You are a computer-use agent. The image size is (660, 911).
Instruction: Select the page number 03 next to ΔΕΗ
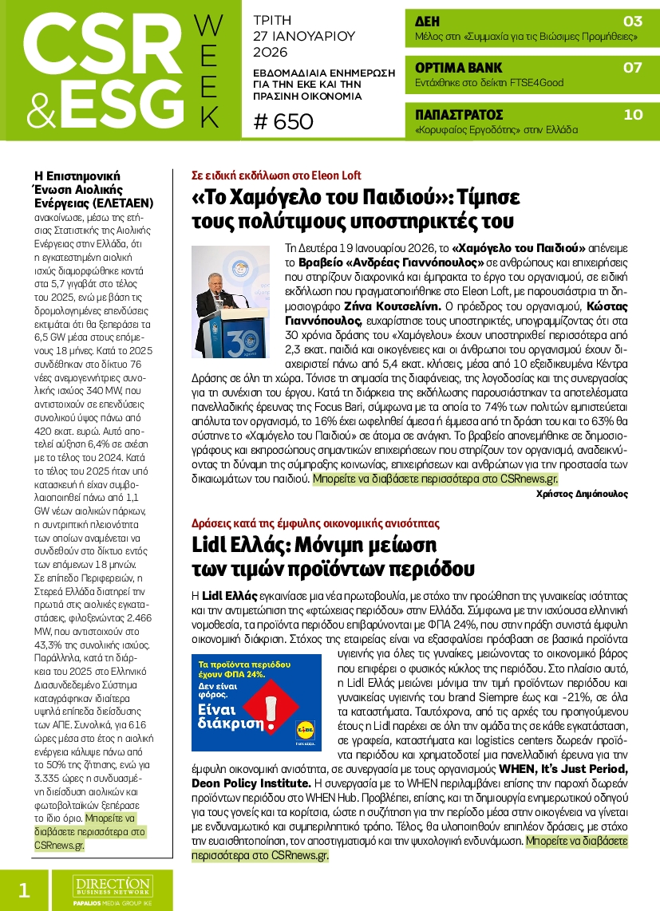coord(632,22)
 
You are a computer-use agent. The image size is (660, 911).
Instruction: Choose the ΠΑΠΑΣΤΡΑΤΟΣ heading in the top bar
coord(459,114)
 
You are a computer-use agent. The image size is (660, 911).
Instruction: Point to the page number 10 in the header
coord(632,114)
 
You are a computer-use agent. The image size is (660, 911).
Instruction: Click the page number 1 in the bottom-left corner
coord(23,890)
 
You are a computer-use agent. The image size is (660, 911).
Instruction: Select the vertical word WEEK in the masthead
coord(208,72)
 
